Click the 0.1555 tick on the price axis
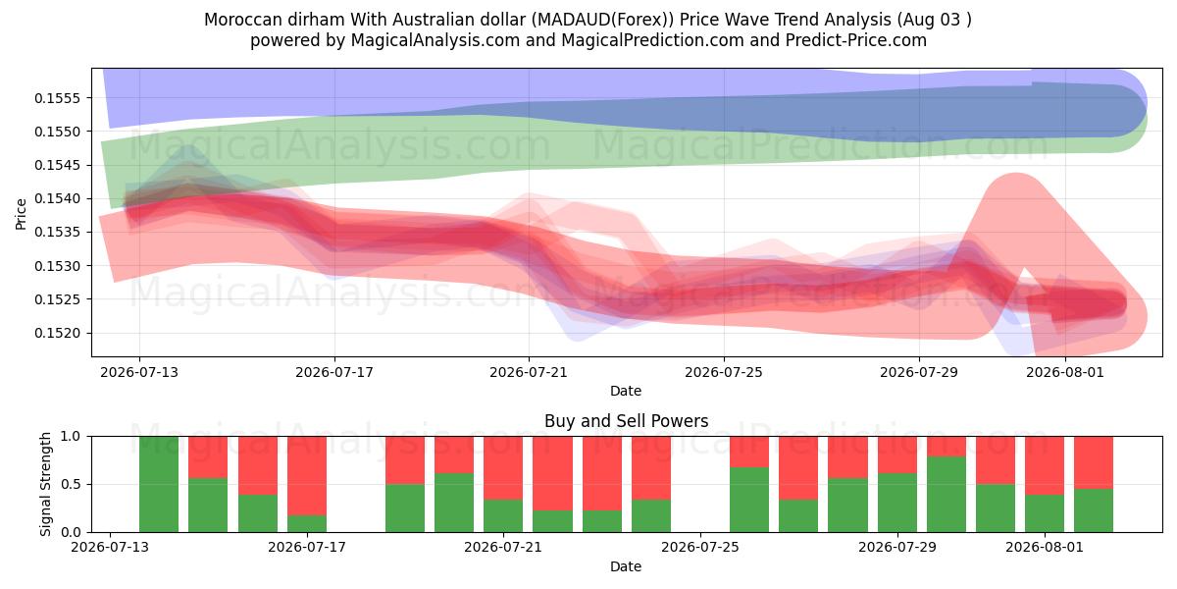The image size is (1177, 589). click(57, 98)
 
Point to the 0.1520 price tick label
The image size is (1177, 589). click(57, 334)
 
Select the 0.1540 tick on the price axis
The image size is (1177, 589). click(57, 198)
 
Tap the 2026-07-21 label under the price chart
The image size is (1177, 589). click(529, 372)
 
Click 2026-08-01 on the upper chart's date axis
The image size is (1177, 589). click(1065, 372)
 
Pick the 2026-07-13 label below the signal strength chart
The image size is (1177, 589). click(110, 547)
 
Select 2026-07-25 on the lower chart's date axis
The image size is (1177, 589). click(700, 547)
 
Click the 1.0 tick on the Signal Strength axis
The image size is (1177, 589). click(71, 436)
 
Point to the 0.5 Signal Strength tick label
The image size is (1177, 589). click(71, 484)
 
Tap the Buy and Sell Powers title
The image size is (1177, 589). click(627, 421)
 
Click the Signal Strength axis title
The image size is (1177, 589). click(46, 484)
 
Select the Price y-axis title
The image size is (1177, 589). click(21, 214)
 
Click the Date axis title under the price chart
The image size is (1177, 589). click(626, 391)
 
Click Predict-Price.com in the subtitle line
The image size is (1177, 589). click(856, 40)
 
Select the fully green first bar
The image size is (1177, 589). click(159, 484)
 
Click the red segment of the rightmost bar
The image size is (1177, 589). click(1094, 462)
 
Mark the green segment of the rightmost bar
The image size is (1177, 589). click(1094, 510)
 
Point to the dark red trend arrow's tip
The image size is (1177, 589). click(1126, 303)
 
